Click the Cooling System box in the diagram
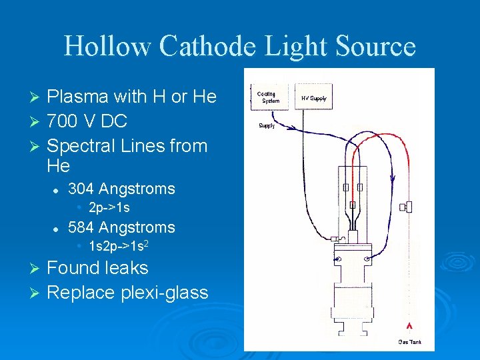point(271,97)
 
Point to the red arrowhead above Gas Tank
point(409,327)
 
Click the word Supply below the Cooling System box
point(266,125)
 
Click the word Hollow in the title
point(109,47)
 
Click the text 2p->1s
point(109,208)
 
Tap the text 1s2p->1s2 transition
point(118,247)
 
